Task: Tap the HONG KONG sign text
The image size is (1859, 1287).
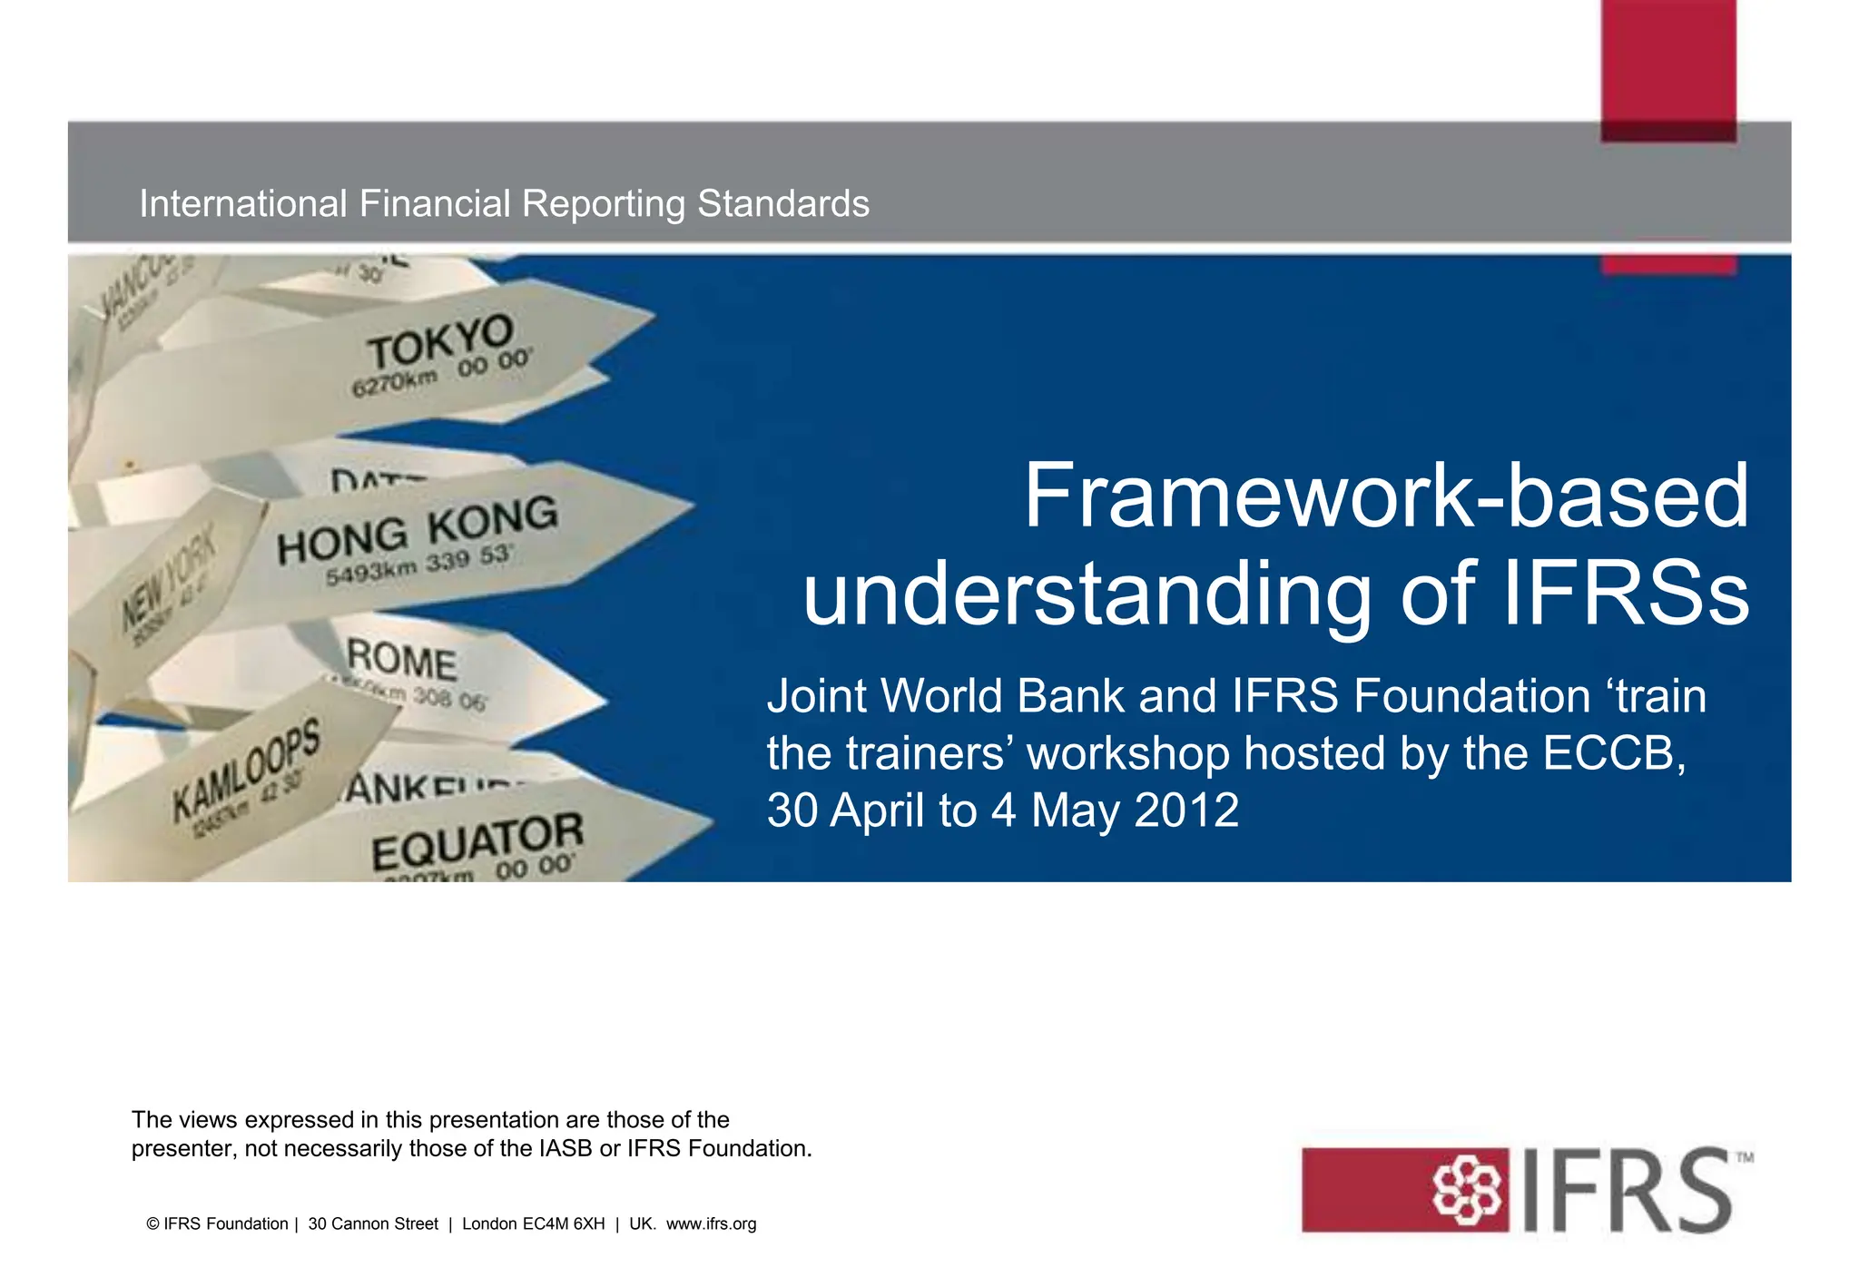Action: point(417,530)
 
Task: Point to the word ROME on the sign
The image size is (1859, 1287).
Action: point(402,660)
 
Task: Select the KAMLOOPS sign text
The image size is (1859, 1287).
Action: point(246,769)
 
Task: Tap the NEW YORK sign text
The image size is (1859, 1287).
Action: point(170,581)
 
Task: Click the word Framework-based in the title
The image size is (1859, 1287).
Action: point(1386,496)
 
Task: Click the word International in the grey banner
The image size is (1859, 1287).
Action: point(243,204)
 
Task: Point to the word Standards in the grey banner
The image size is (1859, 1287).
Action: point(782,204)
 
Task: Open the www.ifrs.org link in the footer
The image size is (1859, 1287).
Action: point(711,1224)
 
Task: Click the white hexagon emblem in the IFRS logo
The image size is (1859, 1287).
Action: point(1466,1190)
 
